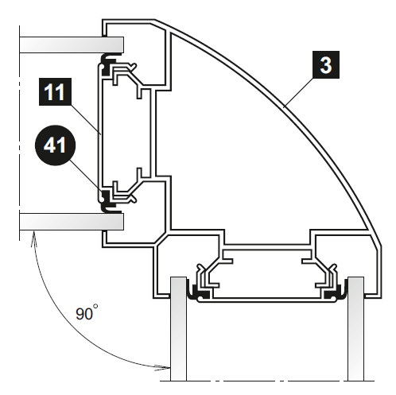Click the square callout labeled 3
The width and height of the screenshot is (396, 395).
(326, 64)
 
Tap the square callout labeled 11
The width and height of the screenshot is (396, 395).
(55, 91)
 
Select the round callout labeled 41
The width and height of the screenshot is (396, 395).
(55, 145)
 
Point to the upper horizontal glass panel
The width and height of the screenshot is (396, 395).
(72, 45)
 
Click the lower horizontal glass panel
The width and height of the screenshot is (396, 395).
(72, 222)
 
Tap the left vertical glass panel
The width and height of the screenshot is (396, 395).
(178, 329)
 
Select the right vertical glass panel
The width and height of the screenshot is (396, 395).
(355, 329)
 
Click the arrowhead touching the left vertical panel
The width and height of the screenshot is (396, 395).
(165, 367)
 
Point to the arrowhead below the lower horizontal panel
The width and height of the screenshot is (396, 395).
(33, 237)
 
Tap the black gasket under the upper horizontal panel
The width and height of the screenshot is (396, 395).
(108, 65)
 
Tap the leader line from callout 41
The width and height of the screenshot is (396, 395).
(87, 176)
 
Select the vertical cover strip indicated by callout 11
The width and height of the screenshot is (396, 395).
(100, 134)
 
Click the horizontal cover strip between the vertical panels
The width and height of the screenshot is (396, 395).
(267, 300)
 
